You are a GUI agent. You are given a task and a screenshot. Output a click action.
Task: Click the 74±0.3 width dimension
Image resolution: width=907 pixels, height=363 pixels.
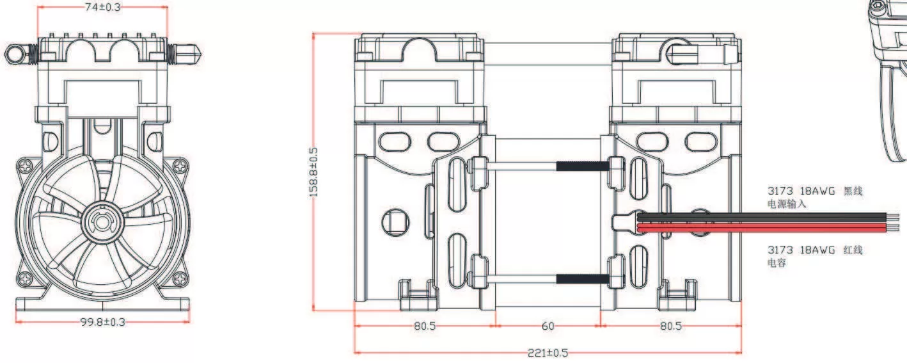[102, 7]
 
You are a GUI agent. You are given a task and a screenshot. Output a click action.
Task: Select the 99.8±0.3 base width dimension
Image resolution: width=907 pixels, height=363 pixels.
[102, 321]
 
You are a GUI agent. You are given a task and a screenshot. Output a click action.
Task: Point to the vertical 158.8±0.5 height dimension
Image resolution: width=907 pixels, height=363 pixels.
[313, 172]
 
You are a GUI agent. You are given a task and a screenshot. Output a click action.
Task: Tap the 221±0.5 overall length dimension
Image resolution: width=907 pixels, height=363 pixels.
[548, 353]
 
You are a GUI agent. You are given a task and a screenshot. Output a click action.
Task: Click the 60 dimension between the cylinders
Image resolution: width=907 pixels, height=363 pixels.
[548, 326]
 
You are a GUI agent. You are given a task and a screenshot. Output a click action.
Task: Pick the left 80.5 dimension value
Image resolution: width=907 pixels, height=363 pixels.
[424, 326]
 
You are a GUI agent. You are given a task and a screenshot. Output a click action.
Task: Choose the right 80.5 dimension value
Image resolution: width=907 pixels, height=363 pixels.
[671, 326]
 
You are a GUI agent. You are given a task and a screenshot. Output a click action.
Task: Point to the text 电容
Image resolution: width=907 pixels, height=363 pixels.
[777, 263]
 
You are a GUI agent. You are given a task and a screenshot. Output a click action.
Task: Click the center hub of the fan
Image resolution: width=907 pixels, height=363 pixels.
[101, 222]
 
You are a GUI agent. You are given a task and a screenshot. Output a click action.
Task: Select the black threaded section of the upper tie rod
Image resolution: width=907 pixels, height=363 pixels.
[581, 166]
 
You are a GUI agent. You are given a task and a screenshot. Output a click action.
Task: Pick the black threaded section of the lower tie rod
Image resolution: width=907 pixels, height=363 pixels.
[581, 278]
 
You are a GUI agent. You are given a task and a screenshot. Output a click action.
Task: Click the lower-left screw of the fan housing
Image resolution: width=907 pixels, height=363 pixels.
[24, 278]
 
